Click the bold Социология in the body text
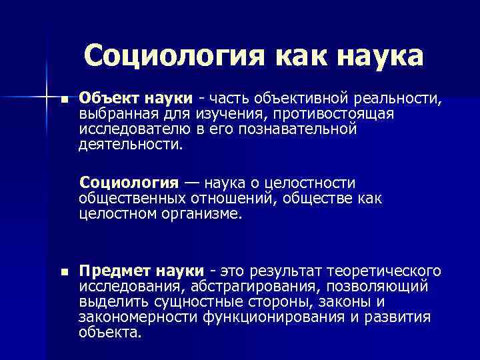[129, 183]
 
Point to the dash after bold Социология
[191, 183]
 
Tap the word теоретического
[384, 271]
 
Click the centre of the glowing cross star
[46, 98]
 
